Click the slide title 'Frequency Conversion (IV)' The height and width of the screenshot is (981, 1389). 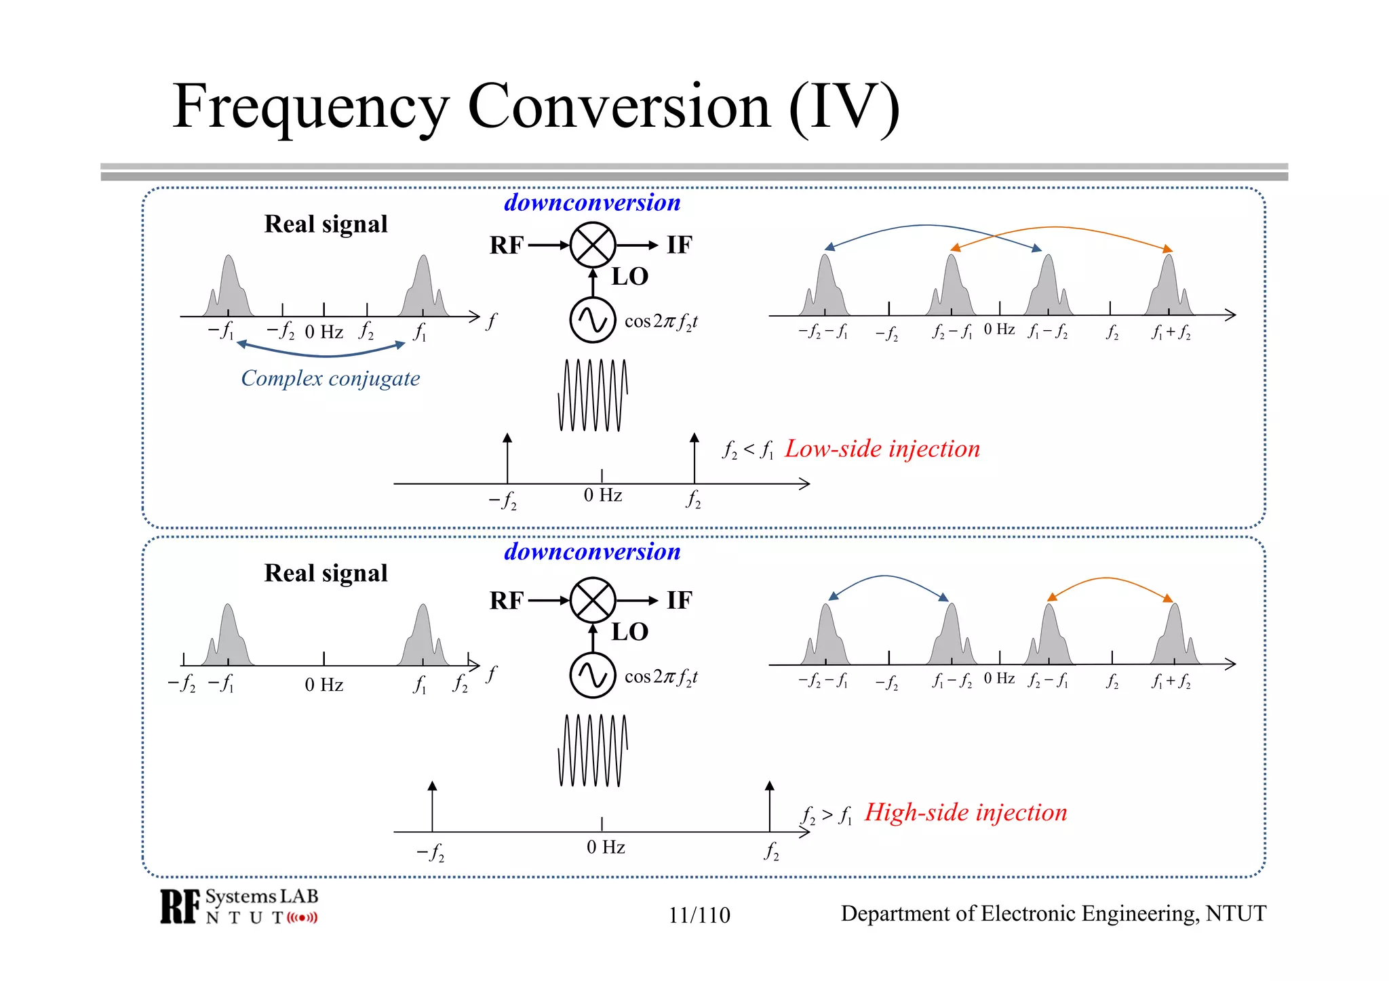536,107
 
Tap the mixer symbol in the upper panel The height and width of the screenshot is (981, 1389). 593,245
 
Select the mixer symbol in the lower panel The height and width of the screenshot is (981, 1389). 593,600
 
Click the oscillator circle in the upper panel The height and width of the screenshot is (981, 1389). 593,320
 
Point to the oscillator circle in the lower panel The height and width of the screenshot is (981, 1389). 593,675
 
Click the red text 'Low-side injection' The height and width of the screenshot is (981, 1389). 882,449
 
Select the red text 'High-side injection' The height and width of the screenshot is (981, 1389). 966,812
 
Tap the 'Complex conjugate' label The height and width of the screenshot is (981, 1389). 330,378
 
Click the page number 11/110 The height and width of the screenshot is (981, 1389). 699,915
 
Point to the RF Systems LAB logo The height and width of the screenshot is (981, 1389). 239,906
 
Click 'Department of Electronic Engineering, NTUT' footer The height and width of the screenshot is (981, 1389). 1053,914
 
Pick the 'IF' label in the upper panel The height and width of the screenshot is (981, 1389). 679,245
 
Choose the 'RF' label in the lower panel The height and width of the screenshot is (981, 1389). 507,601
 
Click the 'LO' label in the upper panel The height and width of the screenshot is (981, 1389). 630,277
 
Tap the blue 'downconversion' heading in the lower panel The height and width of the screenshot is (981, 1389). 592,551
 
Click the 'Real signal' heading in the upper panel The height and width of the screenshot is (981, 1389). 326,224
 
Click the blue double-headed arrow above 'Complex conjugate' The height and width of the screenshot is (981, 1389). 321,353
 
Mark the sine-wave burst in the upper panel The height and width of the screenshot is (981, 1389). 593,395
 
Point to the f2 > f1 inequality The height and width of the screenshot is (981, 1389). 827,814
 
